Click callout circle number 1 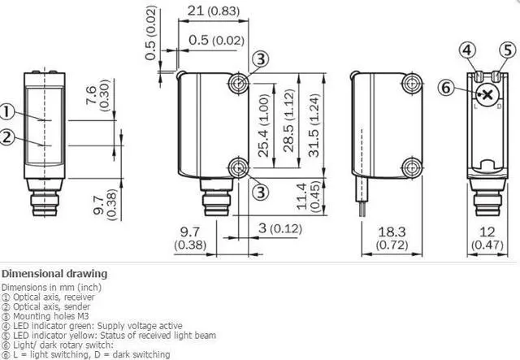[6, 112]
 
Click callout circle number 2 [6, 137]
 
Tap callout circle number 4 [468, 50]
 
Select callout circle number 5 [508, 50]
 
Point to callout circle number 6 [446, 88]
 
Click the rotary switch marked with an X [487, 95]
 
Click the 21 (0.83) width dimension [213, 11]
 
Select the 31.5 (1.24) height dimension [314, 125]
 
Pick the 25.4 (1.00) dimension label [263, 125]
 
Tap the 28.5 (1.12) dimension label [288, 121]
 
